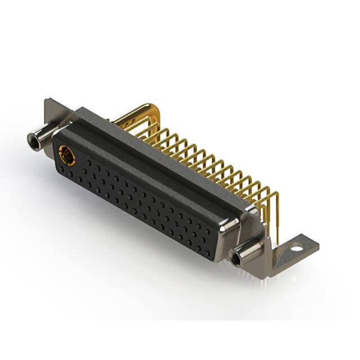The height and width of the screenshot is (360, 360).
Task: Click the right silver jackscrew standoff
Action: pos(247,254)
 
